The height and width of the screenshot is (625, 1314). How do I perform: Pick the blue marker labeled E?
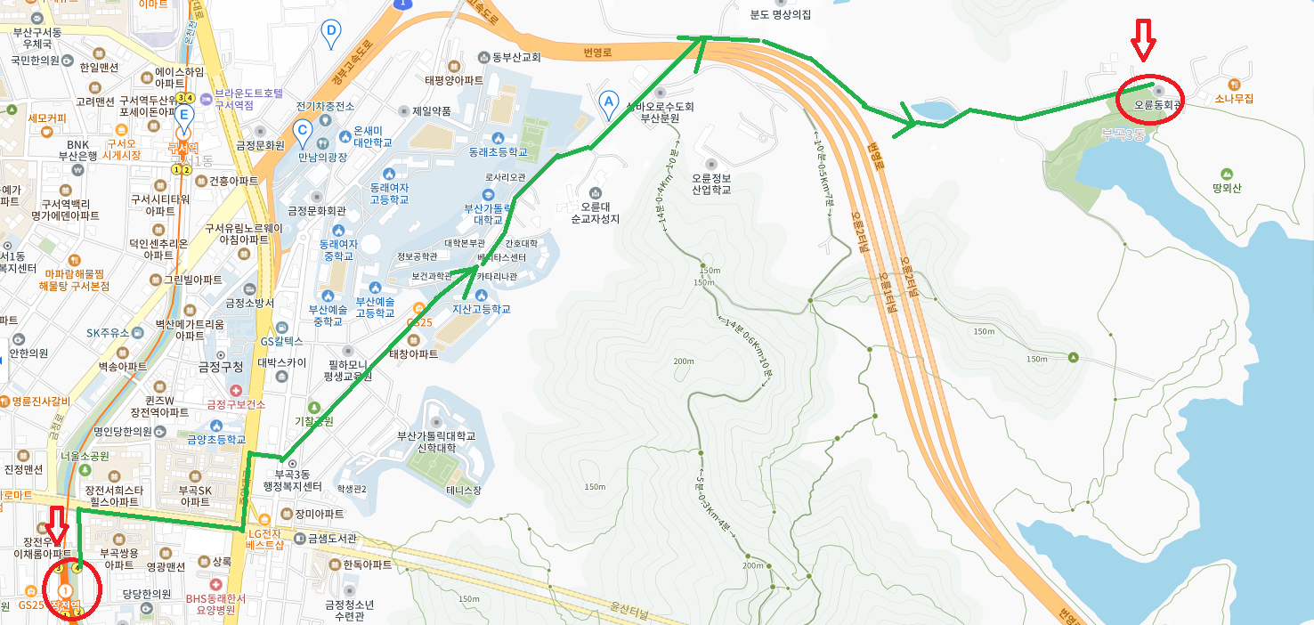pyautogui.click(x=184, y=117)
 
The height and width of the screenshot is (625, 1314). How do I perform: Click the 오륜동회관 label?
pyautogui.click(x=1157, y=104)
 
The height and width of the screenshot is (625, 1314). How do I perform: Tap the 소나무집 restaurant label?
pyautogui.click(x=1233, y=99)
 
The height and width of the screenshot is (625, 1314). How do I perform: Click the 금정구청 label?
pyautogui.click(x=220, y=367)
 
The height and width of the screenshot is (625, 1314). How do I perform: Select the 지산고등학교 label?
pyautogui.click(x=482, y=309)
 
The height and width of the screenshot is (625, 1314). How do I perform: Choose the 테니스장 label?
pyautogui.click(x=464, y=490)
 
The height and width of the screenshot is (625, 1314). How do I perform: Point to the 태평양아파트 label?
pyautogui.click(x=454, y=79)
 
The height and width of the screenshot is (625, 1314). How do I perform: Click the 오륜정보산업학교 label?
pyautogui.click(x=710, y=183)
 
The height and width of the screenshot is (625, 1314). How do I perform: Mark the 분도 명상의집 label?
pyautogui.click(x=780, y=15)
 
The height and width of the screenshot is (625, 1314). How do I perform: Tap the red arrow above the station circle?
pyautogui.click(x=58, y=524)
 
